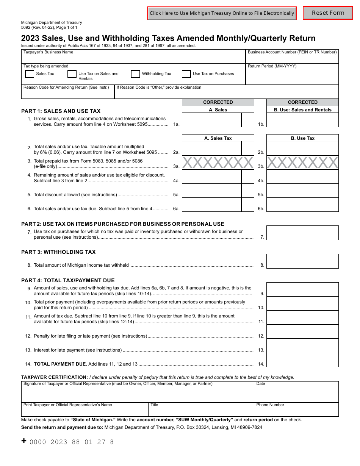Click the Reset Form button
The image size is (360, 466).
pos(328,13)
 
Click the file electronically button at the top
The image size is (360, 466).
pos(222,13)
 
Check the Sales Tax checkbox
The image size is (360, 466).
pos(30,74)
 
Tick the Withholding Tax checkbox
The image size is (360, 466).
pos(135,74)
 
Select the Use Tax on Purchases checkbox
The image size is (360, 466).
pos(186,74)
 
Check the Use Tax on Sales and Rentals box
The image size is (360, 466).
pos(72,74)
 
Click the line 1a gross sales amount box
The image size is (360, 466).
pos(211,120)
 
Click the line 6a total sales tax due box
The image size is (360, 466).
pos(211,205)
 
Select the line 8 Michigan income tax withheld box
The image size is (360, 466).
pos(296,261)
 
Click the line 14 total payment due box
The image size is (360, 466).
pos(296,360)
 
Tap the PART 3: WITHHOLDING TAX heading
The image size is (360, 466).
pos(58,252)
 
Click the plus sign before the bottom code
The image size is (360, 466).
pos(24,441)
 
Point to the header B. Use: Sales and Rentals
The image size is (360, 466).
pos(302,110)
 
